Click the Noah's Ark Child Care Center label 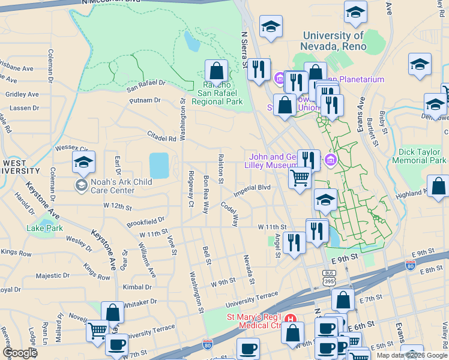point(112,187)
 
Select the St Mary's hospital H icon point(291,318)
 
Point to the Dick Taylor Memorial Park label point(419,157)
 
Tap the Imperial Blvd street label point(252,187)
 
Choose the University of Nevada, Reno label point(334,41)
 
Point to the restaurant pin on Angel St point(294,243)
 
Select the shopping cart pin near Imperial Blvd point(300,178)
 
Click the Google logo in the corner point(20,353)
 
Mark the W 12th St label point(117,206)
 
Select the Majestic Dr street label point(53,275)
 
